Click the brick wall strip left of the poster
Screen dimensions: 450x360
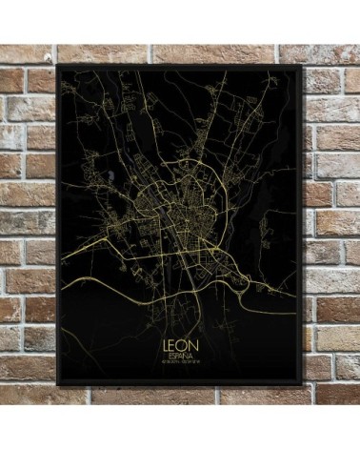coord(27,229)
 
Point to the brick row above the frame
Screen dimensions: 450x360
coord(181,52)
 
